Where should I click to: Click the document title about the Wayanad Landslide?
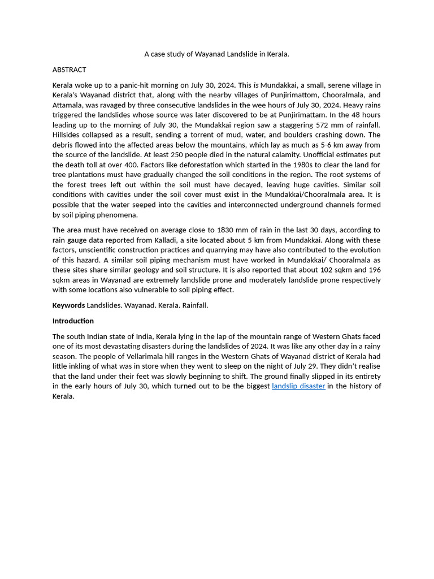(216, 54)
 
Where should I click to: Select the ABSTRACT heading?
(69, 70)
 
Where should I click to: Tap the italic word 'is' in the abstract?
(256, 85)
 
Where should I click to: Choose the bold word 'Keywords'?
(68, 305)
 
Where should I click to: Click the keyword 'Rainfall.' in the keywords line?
(195, 305)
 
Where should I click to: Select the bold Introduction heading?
(73, 321)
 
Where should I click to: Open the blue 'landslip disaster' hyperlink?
(298, 386)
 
